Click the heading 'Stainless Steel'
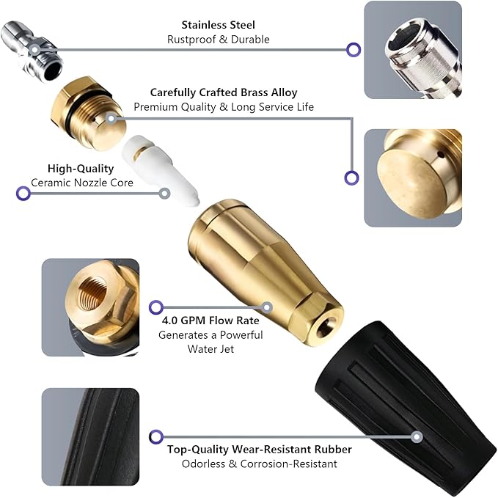click(219, 26)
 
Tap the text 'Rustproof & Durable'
click(219, 40)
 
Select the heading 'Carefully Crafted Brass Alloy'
click(224, 92)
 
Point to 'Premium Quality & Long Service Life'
click(224, 107)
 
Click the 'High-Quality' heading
click(81, 168)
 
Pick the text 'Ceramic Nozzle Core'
click(81, 183)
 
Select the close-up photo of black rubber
click(89, 436)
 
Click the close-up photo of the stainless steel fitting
click(413, 50)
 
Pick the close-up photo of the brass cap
click(413, 177)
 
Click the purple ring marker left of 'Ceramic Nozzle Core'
click(23, 194)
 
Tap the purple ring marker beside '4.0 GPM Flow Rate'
click(155, 307)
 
